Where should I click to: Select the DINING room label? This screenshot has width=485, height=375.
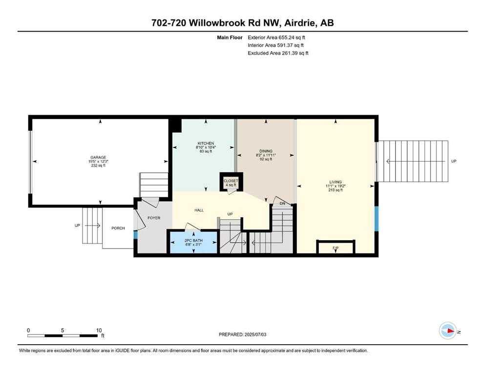click(266, 151)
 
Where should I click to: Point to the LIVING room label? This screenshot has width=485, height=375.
click(335, 182)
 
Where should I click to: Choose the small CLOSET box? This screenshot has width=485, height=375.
click(231, 181)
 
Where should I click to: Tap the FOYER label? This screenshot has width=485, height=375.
click(154, 218)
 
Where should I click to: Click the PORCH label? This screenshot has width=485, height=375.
click(118, 228)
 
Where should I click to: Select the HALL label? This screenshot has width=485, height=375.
click(199, 210)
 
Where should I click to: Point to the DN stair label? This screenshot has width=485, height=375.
click(282, 204)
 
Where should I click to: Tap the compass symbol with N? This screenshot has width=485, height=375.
click(448, 331)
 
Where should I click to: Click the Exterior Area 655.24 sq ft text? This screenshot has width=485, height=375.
click(278, 37)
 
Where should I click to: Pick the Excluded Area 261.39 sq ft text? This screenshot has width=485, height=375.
click(278, 53)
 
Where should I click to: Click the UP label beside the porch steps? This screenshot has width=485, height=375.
click(77, 226)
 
